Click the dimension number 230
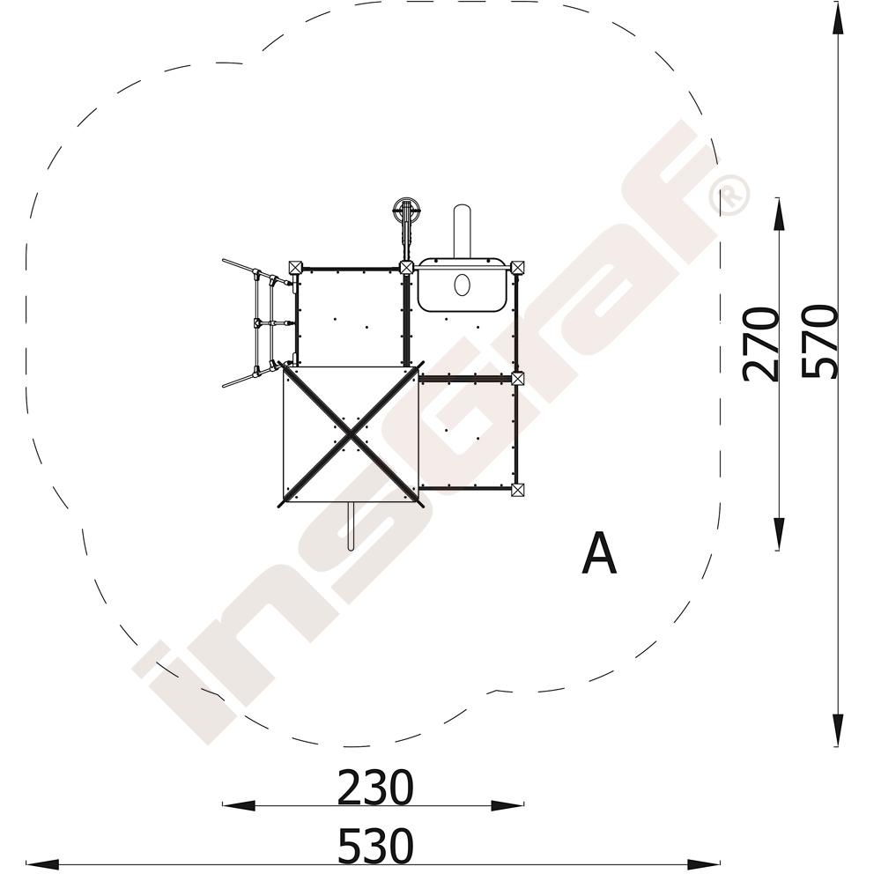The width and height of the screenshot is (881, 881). coord(375,788)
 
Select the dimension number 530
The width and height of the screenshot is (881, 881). coord(375,846)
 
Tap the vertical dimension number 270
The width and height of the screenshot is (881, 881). coord(761,344)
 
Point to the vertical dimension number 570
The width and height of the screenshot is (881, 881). coord(819,341)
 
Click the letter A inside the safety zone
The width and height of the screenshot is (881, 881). coord(599,554)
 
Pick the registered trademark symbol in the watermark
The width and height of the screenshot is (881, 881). coord(729,195)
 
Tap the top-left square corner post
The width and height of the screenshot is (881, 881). coord(295,268)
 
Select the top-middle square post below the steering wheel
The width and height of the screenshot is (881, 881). coord(406,268)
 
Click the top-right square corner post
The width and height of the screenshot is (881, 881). coord(517,268)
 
